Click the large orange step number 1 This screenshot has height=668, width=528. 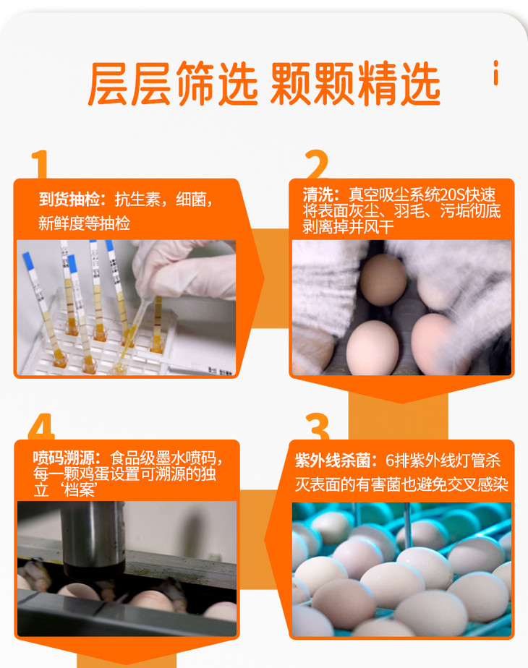click(40, 164)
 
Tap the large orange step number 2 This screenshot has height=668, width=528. click(317, 164)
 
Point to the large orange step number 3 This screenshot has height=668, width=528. click(318, 426)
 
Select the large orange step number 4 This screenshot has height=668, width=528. click(41, 426)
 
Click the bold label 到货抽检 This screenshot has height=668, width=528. click(69, 200)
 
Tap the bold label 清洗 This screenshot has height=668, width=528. click(318, 194)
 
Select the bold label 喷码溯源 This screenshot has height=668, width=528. click(64, 458)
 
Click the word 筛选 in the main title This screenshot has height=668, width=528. click(217, 84)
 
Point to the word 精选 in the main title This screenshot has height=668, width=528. click(399, 84)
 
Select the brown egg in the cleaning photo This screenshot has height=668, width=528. click(383, 280)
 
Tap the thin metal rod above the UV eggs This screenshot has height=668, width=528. click(408, 525)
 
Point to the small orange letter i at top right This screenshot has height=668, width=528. click(495, 73)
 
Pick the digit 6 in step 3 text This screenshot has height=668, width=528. click(390, 461)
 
